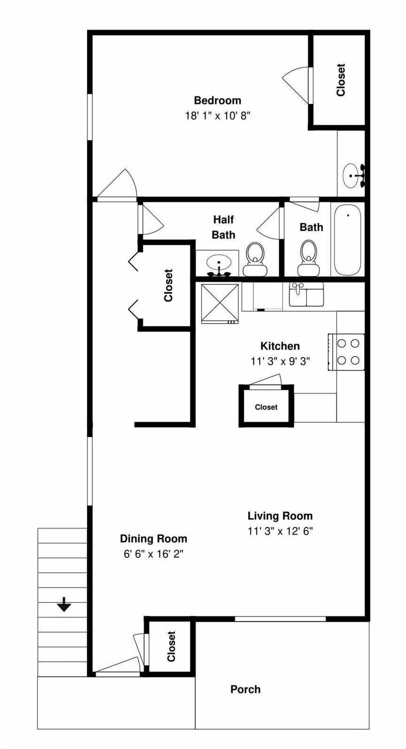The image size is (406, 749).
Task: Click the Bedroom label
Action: point(217,100)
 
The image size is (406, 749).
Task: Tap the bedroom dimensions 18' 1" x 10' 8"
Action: point(217,115)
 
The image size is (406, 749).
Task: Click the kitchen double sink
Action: point(306,295)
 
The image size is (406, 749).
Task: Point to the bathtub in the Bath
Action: point(347,240)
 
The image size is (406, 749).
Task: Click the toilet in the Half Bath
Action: point(255,259)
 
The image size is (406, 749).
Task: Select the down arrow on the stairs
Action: point(64,604)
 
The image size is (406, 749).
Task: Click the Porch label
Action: point(245,689)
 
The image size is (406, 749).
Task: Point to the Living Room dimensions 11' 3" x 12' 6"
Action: point(280,531)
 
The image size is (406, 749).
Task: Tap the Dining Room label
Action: point(153,538)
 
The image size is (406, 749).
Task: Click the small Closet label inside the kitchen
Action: point(266,407)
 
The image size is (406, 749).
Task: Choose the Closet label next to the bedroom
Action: point(341,80)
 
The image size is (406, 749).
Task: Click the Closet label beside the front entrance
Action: point(171,646)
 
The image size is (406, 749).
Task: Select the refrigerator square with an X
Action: point(219,303)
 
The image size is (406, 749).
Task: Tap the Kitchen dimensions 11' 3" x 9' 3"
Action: point(280,361)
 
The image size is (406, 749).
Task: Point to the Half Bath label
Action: point(223,227)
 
